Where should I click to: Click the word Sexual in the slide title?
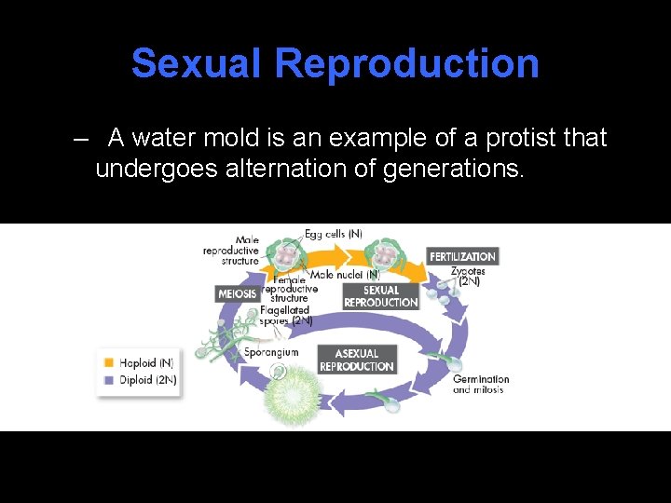[197, 63]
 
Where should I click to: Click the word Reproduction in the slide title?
[407, 63]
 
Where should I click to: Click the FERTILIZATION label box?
[462, 256]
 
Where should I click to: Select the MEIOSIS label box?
[237, 294]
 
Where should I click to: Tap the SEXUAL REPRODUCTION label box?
[380, 296]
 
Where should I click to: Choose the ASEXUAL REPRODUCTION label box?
[356, 360]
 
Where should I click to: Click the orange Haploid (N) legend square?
[110, 362]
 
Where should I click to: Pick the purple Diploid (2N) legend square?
[110, 379]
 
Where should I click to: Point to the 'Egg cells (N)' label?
[333, 234]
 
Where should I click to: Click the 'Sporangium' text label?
[271, 353]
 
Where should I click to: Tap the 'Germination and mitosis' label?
[481, 384]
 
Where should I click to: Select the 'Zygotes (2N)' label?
[466, 276]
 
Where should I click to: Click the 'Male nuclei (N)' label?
[345, 275]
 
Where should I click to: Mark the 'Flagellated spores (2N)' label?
[286, 315]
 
